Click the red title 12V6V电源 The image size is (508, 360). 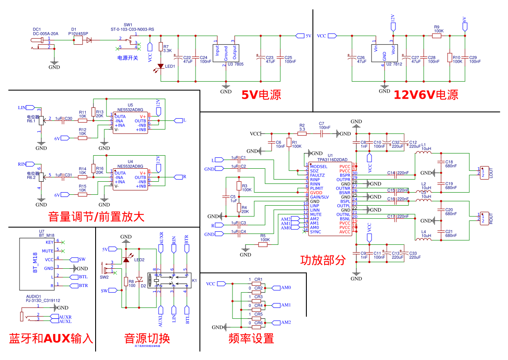pos(425,94)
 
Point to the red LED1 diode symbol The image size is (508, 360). pos(161,66)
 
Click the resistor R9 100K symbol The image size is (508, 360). pos(436,36)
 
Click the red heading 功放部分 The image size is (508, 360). pos(323,260)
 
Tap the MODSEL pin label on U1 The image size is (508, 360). pos(319,167)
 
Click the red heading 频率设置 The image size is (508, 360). pos(251,338)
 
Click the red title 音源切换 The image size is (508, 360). pos(147,338)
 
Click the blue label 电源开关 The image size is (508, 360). pos(128,58)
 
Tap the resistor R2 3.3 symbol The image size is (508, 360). pos(302,134)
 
